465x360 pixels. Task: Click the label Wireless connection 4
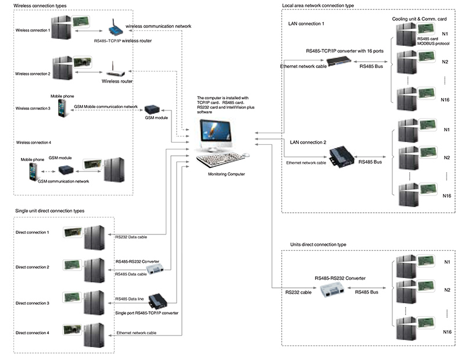pos(34,142)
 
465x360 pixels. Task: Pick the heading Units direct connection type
pos(319,245)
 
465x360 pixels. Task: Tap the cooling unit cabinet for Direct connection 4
pos(93,334)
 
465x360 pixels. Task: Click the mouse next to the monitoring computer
pos(246,155)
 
